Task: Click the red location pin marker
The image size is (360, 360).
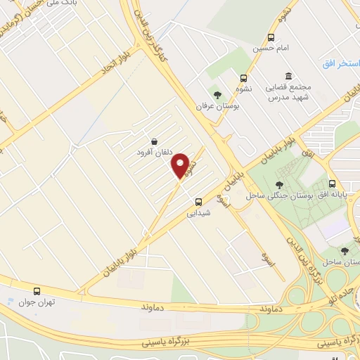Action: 181,165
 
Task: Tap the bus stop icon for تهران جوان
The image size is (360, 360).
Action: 37,290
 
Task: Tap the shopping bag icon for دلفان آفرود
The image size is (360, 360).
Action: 154,140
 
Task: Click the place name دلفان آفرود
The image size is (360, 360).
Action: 153,150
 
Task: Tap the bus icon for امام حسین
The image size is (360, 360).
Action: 271,39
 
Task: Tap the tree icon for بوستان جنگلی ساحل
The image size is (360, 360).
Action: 269,184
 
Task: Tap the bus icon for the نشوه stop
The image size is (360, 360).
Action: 243,78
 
